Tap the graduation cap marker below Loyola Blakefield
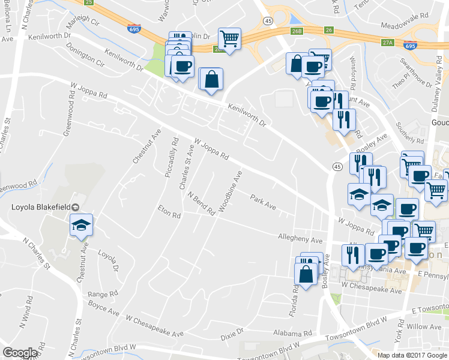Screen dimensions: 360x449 coord(82,226)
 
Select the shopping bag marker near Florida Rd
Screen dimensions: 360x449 coord(306,275)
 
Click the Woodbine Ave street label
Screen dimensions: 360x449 coord(231,191)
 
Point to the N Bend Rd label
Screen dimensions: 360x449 coord(201,204)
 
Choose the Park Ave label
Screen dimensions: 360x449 coord(263,202)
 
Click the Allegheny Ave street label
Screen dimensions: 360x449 coord(300,239)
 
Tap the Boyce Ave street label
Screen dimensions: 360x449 coord(103,309)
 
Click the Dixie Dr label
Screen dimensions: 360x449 coord(232,331)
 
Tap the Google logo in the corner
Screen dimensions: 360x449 coord(20,353)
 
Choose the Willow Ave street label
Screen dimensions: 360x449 coord(424,327)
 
